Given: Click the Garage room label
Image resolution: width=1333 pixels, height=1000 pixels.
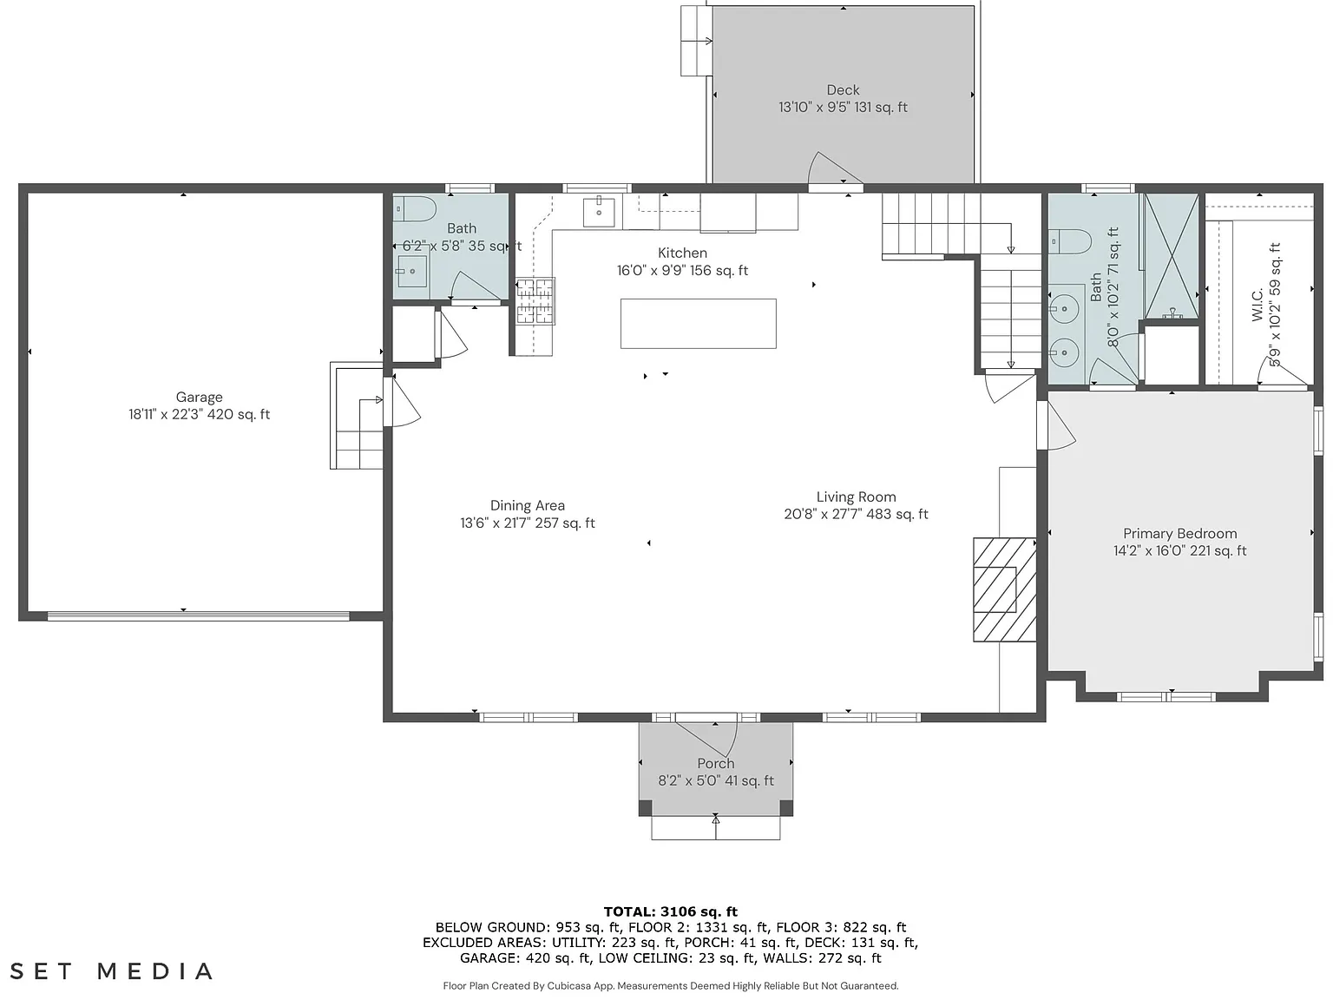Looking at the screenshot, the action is point(200,397).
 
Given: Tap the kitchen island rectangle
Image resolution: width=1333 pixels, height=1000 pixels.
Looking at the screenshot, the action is point(698,324).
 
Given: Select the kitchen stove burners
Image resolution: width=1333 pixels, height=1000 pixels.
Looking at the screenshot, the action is point(535,300).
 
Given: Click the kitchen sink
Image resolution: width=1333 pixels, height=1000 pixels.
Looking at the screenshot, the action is point(599,211).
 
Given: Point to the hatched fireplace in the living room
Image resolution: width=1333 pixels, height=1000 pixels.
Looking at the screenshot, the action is point(1004,589).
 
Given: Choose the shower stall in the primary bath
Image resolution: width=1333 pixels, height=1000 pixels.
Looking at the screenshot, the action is point(1172,255).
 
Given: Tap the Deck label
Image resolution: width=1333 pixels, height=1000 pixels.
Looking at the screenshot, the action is point(843,90).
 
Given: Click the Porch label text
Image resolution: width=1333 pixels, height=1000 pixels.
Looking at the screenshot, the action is point(716,763).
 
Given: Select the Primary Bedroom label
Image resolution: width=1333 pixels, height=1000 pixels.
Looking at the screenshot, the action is point(1180,534).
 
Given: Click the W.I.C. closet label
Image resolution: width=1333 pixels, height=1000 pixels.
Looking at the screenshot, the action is point(1257,304).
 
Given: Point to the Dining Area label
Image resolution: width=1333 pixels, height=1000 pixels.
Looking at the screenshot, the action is point(527,506).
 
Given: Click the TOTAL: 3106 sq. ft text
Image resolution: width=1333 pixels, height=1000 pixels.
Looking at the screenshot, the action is point(671,911).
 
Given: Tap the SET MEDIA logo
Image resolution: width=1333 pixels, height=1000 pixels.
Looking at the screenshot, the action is point(112,970).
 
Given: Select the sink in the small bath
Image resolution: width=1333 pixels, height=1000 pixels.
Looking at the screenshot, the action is point(411,272).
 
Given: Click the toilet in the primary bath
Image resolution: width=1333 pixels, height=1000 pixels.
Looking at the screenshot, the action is point(1070,241).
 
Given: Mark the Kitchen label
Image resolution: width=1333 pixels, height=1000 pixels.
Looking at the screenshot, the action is point(683,253).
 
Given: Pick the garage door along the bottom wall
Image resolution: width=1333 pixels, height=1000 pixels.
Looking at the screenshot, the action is point(199,615).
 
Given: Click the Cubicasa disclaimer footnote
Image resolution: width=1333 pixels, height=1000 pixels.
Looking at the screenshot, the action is point(671,986).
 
